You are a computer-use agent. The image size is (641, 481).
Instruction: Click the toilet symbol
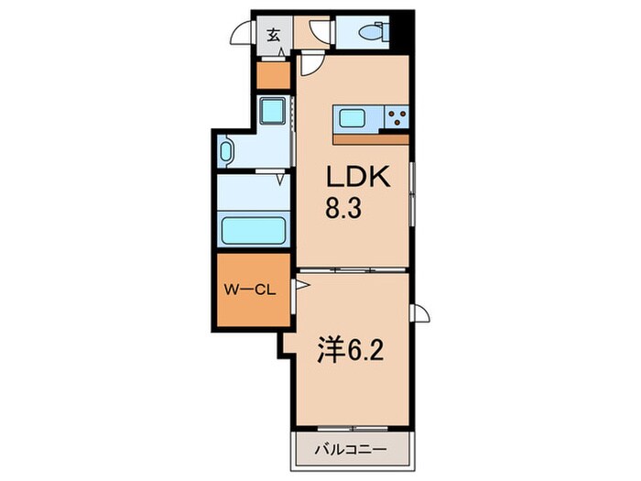tap(374, 31)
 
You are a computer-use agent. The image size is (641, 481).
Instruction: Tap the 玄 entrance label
tap(274, 36)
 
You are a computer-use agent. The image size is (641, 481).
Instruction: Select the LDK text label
tap(358, 177)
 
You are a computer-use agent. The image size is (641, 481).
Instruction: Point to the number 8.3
tap(343, 207)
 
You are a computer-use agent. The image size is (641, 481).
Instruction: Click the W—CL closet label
tap(249, 290)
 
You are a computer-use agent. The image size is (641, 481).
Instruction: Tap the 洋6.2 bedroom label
tap(351, 350)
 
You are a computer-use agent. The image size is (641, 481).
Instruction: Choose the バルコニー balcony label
tap(351, 450)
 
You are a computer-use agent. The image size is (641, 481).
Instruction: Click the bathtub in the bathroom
tap(254, 230)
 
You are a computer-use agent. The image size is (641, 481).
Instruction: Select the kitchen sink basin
tap(352, 119)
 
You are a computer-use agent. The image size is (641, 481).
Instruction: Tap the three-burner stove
tap(397, 117)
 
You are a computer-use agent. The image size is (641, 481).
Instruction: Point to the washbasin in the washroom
tap(226, 151)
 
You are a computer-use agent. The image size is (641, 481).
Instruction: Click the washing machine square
tap(273, 111)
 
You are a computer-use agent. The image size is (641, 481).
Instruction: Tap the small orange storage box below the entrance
tap(273, 75)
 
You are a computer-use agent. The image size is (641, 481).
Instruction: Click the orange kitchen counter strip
tap(371, 139)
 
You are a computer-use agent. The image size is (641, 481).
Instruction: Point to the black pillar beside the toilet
tap(401, 31)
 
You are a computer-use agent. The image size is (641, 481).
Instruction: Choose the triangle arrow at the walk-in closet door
tap(302, 285)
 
